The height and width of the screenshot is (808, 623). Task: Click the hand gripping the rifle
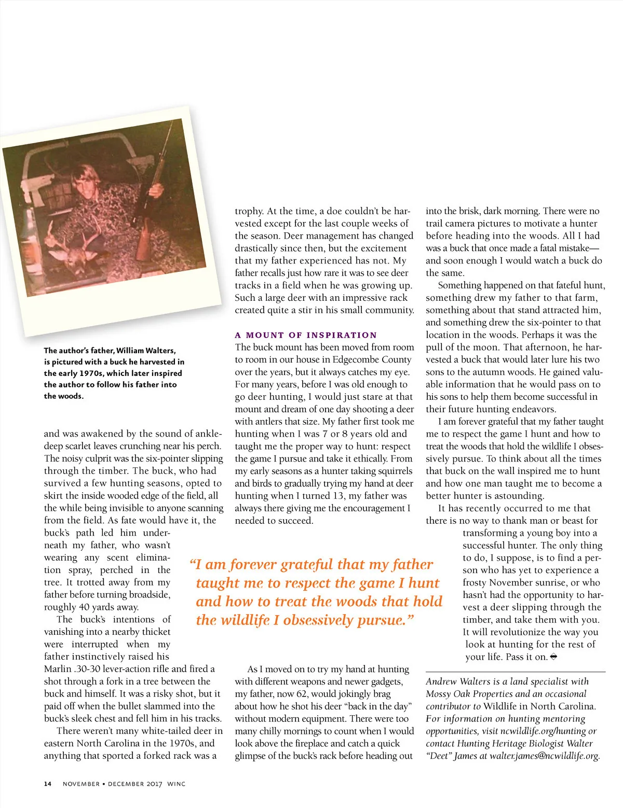(x=155, y=191)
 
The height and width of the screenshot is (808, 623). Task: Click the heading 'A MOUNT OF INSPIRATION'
(x=306, y=335)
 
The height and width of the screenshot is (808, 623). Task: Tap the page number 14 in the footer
(x=48, y=784)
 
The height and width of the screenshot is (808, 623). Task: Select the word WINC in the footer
(x=176, y=784)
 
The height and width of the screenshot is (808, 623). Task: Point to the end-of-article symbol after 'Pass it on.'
(x=553, y=657)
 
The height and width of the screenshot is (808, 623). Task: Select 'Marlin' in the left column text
(x=58, y=669)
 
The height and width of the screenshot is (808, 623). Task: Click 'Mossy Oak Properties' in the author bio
(x=471, y=694)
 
